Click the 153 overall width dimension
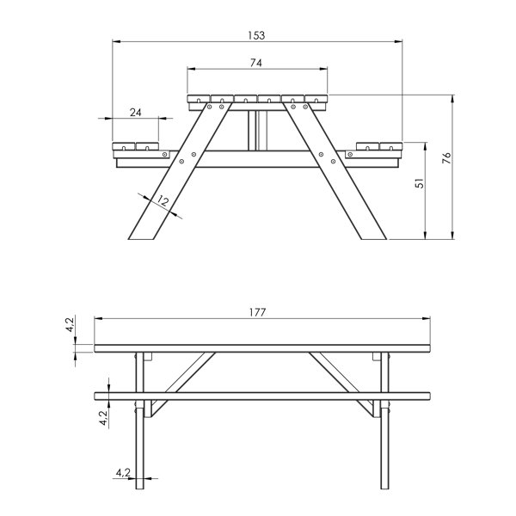point(256,35)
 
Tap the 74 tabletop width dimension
point(256,63)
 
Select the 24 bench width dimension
point(136,113)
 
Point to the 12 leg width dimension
point(163,200)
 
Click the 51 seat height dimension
point(420,183)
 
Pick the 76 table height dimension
point(447,158)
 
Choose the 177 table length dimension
point(257,312)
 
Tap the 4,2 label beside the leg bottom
point(123,473)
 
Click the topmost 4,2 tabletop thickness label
point(71,324)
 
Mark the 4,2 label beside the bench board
point(104,418)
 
